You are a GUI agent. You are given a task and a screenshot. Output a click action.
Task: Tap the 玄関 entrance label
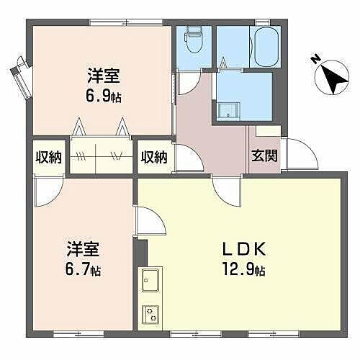click(x=264, y=156)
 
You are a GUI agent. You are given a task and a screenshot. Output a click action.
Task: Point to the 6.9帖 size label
click(x=104, y=97)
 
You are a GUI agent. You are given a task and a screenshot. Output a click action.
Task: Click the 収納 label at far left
click(x=49, y=156)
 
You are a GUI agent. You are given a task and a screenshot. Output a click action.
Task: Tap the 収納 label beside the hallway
click(x=154, y=156)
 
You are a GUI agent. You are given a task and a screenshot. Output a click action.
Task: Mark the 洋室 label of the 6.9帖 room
click(x=104, y=76)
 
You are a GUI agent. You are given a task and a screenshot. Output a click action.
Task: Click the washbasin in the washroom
click(x=229, y=110)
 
